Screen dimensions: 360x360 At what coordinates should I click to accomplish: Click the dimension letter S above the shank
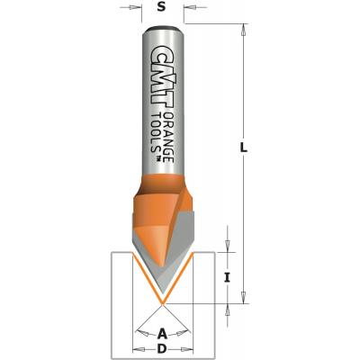[x=161, y=7]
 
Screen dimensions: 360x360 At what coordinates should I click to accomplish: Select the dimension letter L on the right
[x=244, y=148]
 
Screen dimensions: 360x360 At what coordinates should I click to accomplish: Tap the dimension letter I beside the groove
[x=228, y=278]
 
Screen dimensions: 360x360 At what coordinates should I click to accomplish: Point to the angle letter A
[x=162, y=333]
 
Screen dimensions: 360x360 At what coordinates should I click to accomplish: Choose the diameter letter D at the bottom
[x=162, y=348]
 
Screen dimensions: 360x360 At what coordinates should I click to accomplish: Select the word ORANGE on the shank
[x=170, y=138]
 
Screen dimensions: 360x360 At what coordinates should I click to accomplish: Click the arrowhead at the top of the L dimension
[x=244, y=29]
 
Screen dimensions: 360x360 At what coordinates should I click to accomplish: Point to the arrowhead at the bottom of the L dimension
[x=244, y=297]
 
